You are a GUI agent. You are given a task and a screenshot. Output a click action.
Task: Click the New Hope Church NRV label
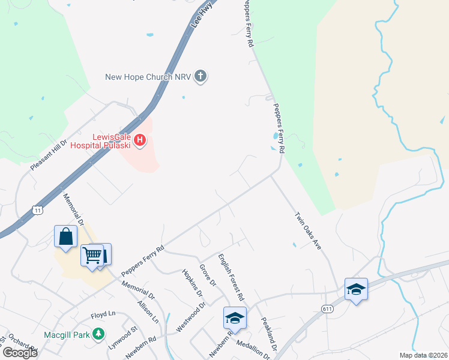148,77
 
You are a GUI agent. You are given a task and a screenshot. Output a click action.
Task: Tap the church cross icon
200,76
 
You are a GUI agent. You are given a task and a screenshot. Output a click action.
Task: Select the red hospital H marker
140,141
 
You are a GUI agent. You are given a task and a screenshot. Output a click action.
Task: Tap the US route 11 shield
37,211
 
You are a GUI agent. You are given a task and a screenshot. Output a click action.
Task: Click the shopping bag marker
66,236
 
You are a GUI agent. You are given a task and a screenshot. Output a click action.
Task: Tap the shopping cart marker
92,256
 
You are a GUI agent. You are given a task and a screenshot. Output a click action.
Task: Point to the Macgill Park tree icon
98,334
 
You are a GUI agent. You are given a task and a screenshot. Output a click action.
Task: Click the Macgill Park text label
67,334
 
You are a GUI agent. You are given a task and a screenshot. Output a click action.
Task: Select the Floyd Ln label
103,314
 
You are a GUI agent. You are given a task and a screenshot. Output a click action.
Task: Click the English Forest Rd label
231,277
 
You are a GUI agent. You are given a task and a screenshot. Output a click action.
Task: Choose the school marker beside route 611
356,290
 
